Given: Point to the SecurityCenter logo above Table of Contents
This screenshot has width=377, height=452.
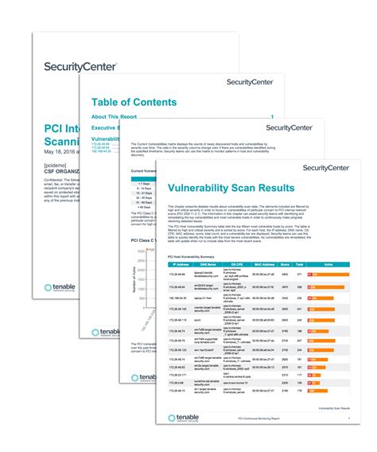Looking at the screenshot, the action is pos(251,81).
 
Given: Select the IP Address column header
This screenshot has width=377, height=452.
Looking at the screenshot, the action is pos(181,263).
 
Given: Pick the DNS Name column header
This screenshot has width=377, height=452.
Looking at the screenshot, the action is pos(210,263).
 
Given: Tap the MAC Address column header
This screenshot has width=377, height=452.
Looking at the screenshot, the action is pos(267,263).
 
